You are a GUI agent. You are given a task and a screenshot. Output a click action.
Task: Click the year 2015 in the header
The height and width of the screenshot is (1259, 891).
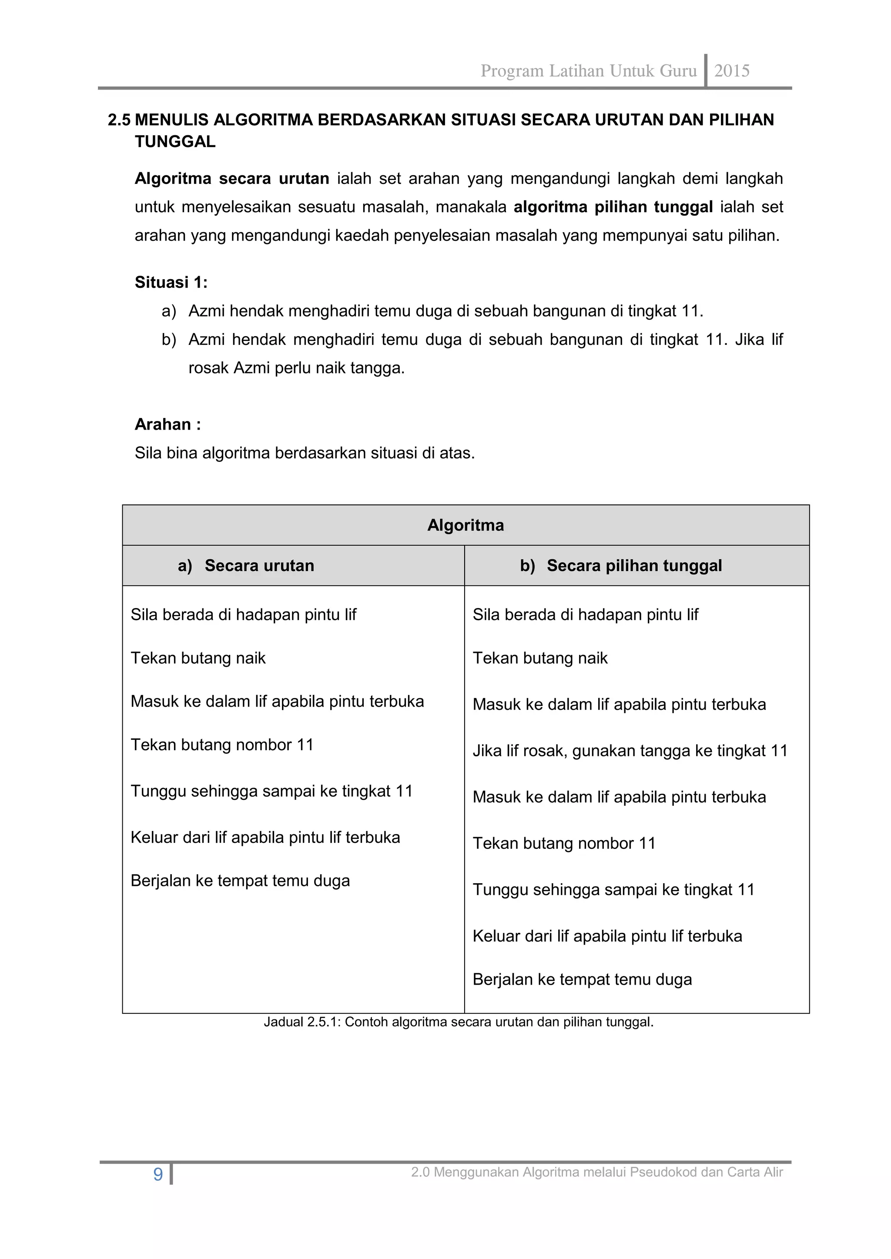pyautogui.click(x=732, y=71)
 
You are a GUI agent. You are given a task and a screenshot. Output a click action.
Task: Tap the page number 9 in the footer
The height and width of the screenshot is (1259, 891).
pyautogui.click(x=158, y=1175)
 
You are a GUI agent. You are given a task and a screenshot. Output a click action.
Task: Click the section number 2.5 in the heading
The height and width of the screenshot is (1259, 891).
pyautogui.click(x=119, y=120)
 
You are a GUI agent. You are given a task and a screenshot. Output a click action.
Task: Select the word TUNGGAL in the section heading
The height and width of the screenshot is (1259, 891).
pyautogui.click(x=175, y=142)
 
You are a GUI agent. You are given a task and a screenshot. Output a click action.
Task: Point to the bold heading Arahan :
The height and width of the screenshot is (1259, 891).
pyautogui.click(x=168, y=424)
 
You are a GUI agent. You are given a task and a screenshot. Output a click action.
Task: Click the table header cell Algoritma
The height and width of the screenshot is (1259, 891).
pyautogui.click(x=465, y=525)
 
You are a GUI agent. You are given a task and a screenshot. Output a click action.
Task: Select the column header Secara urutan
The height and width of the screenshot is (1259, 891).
pyautogui.click(x=259, y=566)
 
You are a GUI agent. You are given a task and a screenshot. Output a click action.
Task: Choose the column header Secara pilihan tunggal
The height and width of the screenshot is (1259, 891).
pyautogui.click(x=634, y=566)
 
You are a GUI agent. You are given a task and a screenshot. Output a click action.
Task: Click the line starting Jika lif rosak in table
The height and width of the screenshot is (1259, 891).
pyautogui.click(x=630, y=751)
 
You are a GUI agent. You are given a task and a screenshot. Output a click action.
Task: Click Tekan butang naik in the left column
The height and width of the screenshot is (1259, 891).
pyautogui.click(x=198, y=658)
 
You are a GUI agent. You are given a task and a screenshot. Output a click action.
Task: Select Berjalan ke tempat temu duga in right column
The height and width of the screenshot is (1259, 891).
pyautogui.click(x=582, y=979)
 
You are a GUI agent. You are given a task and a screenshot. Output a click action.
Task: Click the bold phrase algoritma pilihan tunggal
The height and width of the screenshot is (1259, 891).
pyautogui.click(x=613, y=207)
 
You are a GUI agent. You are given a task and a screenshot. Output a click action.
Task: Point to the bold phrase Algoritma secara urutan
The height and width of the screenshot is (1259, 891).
pyautogui.click(x=231, y=179)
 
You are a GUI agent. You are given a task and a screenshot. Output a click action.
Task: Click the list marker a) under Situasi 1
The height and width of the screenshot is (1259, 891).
pyautogui.click(x=169, y=311)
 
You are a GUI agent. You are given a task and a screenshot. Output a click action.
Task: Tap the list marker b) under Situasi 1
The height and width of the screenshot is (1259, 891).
pyautogui.click(x=169, y=340)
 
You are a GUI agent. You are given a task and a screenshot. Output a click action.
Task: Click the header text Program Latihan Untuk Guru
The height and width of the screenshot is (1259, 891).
pyautogui.click(x=588, y=71)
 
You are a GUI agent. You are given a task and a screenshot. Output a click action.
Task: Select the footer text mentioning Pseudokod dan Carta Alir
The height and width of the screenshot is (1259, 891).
pyautogui.click(x=597, y=1172)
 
